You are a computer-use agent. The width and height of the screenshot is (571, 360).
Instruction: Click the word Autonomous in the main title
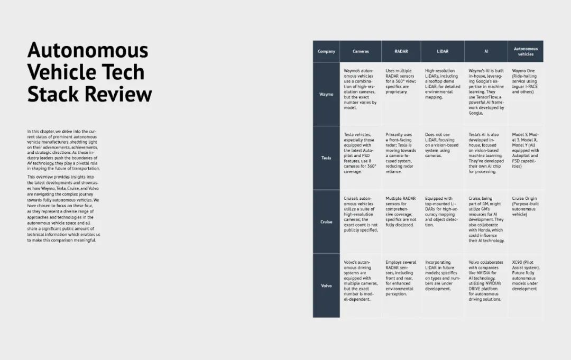(x=88, y=50)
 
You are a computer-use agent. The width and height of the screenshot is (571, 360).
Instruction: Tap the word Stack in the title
(x=53, y=94)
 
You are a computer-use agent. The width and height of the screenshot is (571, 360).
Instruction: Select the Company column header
(x=326, y=51)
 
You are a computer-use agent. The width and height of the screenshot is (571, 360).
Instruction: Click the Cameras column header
(x=361, y=51)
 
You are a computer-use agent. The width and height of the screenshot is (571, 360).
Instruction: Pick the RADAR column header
(x=401, y=51)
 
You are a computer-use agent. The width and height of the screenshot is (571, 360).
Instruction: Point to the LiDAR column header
(x=443, y=51)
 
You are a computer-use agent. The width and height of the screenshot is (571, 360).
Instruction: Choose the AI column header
(x=486, y=51)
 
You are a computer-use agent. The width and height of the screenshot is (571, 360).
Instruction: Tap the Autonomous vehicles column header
(x=526, y=51)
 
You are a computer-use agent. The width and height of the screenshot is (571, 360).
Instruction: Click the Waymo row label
(x=326, y=94)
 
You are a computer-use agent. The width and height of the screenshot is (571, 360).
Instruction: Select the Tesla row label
(x=326, y=158)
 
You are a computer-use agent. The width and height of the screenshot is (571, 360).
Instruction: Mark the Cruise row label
(x=326, y=221)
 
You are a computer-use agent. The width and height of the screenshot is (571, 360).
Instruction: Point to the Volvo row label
(x=326, y=286)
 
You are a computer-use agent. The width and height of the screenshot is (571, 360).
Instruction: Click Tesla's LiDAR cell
(x=441, y=145)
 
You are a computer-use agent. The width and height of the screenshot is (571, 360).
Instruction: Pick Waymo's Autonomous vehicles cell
(x=525, y=81)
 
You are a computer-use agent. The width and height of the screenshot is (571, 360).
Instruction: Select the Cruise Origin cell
(x=526, y=206)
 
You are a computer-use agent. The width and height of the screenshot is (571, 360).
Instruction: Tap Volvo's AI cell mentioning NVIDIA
(x=486, y=281)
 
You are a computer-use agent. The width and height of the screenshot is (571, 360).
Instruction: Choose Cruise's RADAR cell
(x=401, y=211)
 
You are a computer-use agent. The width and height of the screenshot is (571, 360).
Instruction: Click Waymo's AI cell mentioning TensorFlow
(x=486, y=92)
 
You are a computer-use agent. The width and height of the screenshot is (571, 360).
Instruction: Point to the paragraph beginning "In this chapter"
(x=63, y=150)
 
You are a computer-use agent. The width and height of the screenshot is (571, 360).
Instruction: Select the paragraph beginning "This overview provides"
(x=63, y=209)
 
